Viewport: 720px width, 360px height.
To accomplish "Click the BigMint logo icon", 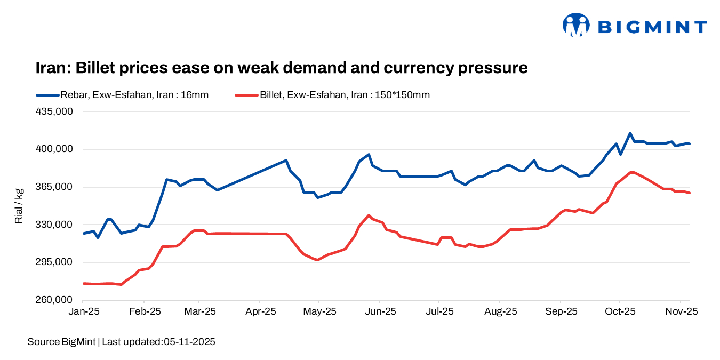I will click(x=576, y=25).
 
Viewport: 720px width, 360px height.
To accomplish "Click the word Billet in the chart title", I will click(x=99, y=68).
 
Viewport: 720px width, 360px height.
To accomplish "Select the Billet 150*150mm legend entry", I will click(x=332, y=95).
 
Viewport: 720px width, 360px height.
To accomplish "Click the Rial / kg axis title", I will click(x=19, y=206).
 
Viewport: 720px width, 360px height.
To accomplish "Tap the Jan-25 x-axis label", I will click(x=83, y=311).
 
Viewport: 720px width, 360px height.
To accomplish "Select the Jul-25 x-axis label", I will click(x=437, y=311).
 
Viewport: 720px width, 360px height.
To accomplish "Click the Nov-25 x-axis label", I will click(x=681, y=311).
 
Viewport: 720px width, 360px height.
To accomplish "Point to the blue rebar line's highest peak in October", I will click(x=630, y=133).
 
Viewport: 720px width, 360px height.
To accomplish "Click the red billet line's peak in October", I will click(x=632, y=172).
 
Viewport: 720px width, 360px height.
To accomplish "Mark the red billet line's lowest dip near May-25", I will click(x=317, y=260).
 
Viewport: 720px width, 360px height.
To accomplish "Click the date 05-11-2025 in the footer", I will click(x=189, y=342).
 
